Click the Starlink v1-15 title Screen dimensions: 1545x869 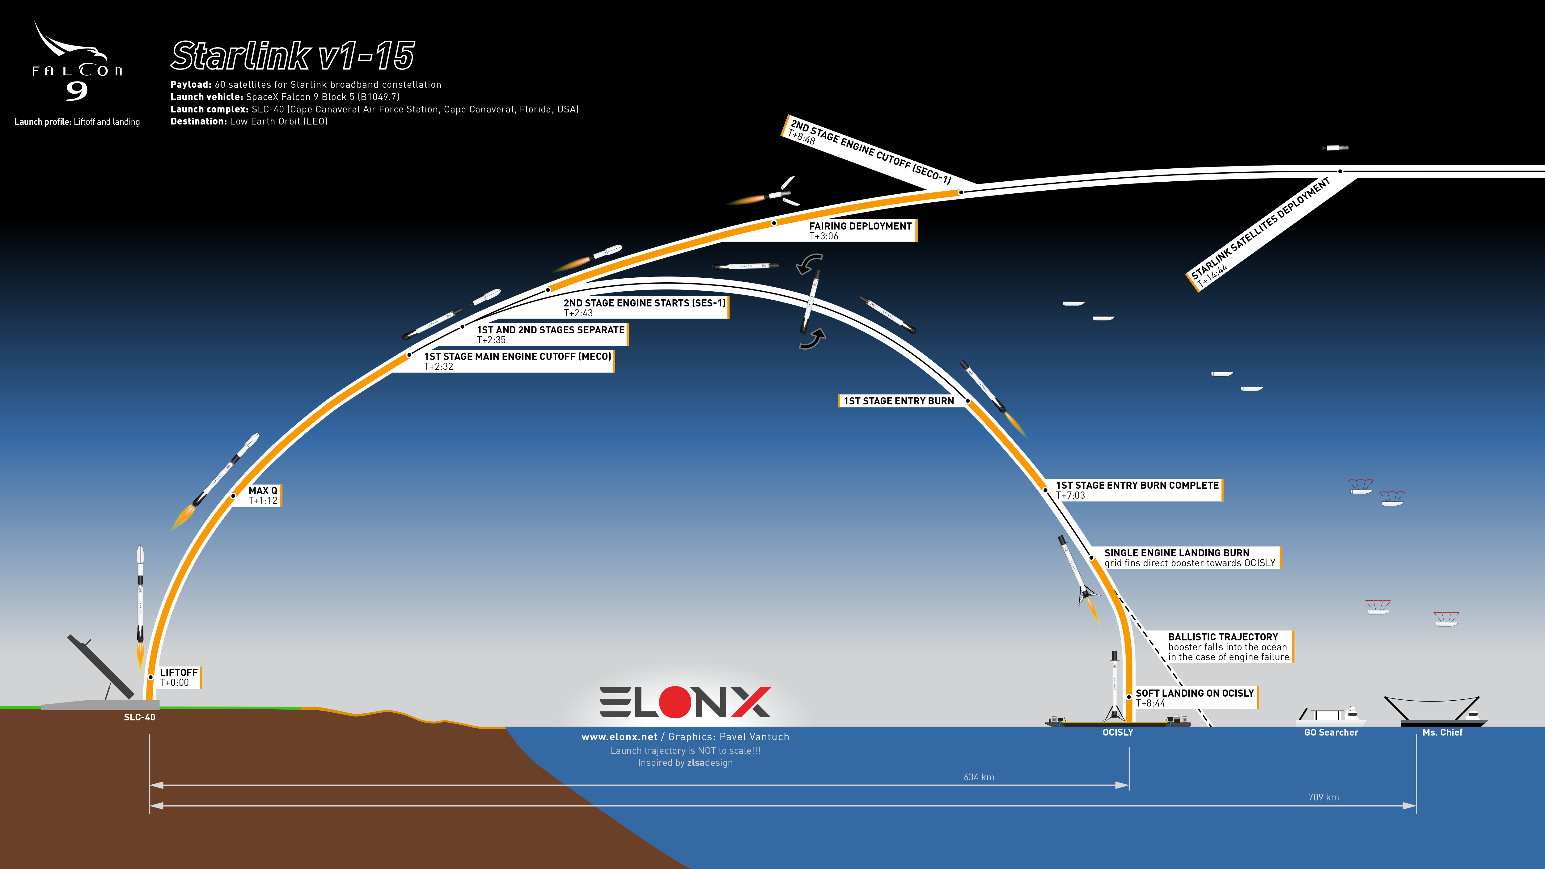click(293, 56)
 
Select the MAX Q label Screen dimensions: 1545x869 click(263, 496)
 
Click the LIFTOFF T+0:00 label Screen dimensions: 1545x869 click(179, 677)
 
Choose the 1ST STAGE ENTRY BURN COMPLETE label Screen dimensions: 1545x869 click(1137, 490)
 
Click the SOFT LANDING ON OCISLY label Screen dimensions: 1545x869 click(1195, 698)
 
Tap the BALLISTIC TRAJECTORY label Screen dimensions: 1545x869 click(1228, 647)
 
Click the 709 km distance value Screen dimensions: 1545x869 click(1323, 797)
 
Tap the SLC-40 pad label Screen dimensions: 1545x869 click(139, 717)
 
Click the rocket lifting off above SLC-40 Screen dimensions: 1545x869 click(140, 606)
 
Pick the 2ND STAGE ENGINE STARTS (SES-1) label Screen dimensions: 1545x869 click(644, 308)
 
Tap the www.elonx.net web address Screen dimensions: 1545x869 click(619, 737)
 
